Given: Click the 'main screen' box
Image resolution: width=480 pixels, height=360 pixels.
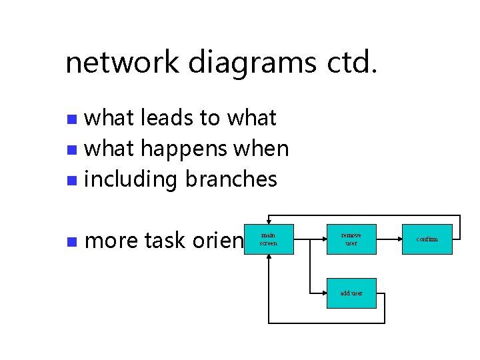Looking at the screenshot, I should pyautogui.click(x=268, y=239).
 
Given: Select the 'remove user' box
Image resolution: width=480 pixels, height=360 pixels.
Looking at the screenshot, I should pyautogui.click(x=351, y=239).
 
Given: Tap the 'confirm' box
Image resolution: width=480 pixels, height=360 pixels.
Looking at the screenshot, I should pyautogui.click(x=427, y=239).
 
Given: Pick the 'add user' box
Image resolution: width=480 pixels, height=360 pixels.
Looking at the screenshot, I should pyautogui.click(x=351, y=293).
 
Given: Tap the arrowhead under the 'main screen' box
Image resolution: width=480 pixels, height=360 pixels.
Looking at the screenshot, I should pyautogui.click(x=268, y=258).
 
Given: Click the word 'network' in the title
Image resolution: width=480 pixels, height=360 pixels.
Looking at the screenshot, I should pyautogui.click(x=123, y=63).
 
